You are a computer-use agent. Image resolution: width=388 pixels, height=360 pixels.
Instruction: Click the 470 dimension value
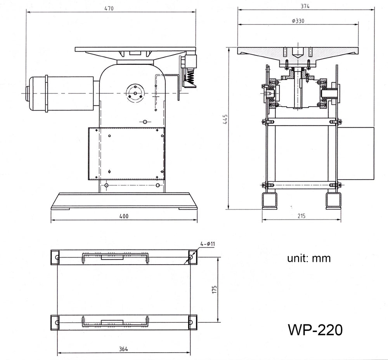(x=109, y=9)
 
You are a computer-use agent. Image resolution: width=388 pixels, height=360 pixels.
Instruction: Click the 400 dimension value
(x=124, y=216)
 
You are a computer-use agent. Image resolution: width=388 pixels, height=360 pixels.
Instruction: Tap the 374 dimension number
(x=305, y=7)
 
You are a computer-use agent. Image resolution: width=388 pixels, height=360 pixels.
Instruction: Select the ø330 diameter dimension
(x=298, y=21)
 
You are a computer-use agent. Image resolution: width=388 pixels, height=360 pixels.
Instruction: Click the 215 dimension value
(x=301, y=216)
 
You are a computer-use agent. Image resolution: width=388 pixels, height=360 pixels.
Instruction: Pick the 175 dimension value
(x=214, y=289)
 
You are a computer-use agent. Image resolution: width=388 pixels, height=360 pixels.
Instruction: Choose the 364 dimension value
(x=123, y=349)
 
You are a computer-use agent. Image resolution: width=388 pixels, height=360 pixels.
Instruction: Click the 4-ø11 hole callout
(x=208, y=244)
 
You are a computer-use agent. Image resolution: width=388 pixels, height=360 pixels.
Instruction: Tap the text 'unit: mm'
(x=309, y=258)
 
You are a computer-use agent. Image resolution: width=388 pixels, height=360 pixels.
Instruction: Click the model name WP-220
(x=315, y=330)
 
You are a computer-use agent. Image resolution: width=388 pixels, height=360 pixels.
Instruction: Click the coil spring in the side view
(x=190, y=76)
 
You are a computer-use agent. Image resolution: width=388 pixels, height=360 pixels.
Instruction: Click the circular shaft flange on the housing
(x=135, y=93)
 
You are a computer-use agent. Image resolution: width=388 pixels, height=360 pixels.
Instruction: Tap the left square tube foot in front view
(x=270, y=201)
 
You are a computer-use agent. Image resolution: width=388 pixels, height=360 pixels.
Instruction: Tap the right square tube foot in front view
(x=333, y=201)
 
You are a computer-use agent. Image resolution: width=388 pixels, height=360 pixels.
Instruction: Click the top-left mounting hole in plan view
(x=57, y=257)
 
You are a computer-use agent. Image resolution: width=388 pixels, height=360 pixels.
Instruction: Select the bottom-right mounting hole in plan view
(x=191, y=322)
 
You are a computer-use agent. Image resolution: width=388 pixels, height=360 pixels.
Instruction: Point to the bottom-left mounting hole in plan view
(x=57, y=322)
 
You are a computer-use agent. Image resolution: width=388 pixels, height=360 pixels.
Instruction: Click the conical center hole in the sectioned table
(x=298, y=53)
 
